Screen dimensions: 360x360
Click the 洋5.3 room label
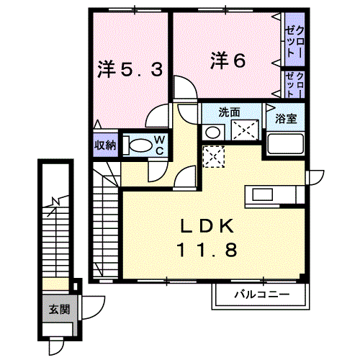point(130,69)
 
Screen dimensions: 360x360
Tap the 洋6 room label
point(228,60)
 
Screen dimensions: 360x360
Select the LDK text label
point(207,226)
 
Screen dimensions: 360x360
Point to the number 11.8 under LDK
point(207,249)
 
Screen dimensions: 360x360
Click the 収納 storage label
point(105,145)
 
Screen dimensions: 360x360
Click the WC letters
point(160,145)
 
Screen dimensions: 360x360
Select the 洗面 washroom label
point(229,112)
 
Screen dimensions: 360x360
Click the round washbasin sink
point(213,132)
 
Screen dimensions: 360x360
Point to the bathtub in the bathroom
point(285,143)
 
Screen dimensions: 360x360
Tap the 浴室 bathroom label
point(286,119)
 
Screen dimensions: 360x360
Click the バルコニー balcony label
point(262,294)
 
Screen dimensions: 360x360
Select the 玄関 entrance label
point(59,310)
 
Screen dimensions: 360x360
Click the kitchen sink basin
point(262,194)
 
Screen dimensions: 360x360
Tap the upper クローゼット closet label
point(295,41)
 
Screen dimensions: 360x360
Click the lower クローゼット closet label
point(295,84)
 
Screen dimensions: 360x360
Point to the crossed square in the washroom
point(245,130)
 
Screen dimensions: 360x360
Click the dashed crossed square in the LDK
point(214,156)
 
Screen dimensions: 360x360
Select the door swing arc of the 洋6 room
point(189,83)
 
